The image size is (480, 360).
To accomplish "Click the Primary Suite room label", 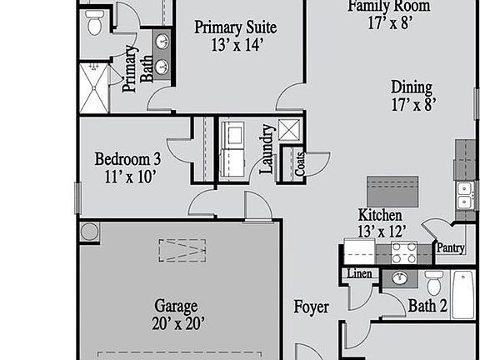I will [235, 27].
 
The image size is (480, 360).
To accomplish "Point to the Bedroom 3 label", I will [127, 158].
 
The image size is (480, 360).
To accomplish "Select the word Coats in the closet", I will [300, 163].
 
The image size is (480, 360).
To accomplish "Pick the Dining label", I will [412, 87].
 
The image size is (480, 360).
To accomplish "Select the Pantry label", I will [450, 247].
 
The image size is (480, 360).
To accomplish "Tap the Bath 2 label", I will [427, 306].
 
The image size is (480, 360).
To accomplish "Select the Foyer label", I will [311, 307].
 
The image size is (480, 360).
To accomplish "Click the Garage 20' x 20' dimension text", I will [176, 322].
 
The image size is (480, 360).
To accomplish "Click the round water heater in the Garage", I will [89, 231].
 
